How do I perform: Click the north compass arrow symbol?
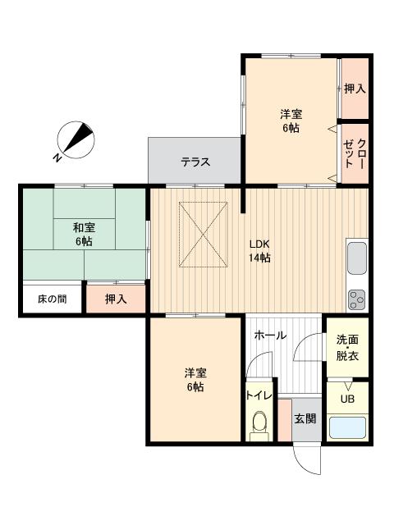76,139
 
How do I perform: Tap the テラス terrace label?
195,162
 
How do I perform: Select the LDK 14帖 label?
261,251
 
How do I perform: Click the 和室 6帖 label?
82,234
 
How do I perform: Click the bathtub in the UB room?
348,428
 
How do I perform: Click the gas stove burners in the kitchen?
357,299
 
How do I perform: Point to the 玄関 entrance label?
305,418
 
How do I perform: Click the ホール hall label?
270,335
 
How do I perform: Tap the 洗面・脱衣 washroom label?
347,348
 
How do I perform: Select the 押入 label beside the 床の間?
116,299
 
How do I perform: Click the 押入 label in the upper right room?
355,89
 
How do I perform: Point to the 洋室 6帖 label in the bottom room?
195,380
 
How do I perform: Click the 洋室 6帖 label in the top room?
291,121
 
